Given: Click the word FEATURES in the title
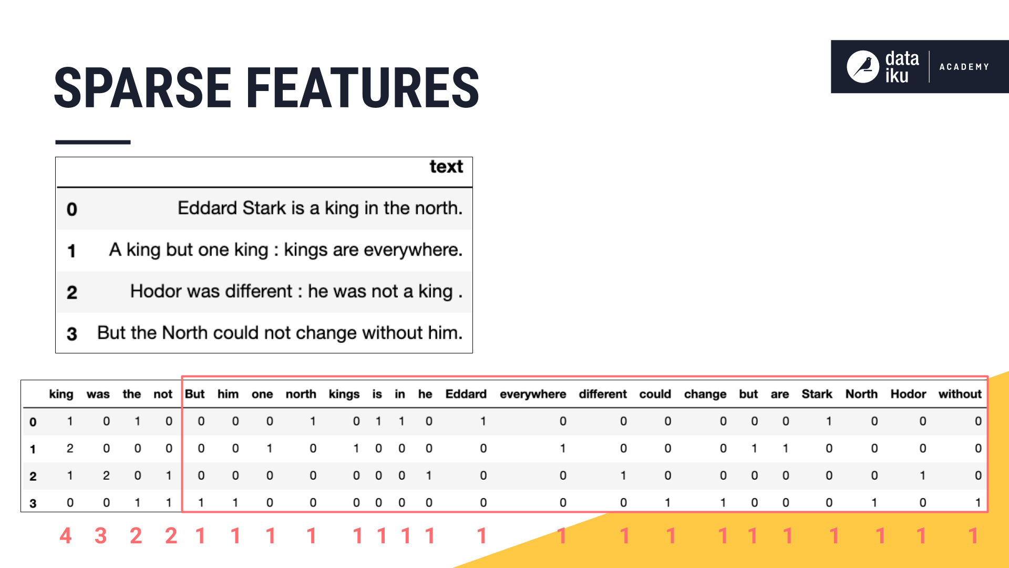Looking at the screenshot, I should coord(363,88).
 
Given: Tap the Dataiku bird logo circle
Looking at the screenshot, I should coord(862,67).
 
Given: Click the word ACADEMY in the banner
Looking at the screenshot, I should coord(964,67).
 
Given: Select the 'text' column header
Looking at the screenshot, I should coord(446,167).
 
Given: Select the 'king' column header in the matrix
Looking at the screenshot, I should coord(61,394).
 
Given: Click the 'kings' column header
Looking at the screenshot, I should coord(344,394).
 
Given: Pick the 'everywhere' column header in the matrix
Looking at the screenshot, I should coord(532,394).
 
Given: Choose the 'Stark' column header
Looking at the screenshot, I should coord(816,394).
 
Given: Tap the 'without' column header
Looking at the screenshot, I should coord(959,394).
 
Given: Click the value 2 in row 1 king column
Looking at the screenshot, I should coord(70,449).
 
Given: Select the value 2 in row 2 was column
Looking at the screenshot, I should coord(106,475).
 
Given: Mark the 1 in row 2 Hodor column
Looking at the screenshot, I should coord(922,475).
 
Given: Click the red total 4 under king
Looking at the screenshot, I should coord(65,536).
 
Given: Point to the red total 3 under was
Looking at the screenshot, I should coord(100,536).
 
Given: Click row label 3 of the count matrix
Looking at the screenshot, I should coord(33,503).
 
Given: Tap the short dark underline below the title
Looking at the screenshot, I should coord(92,142).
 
